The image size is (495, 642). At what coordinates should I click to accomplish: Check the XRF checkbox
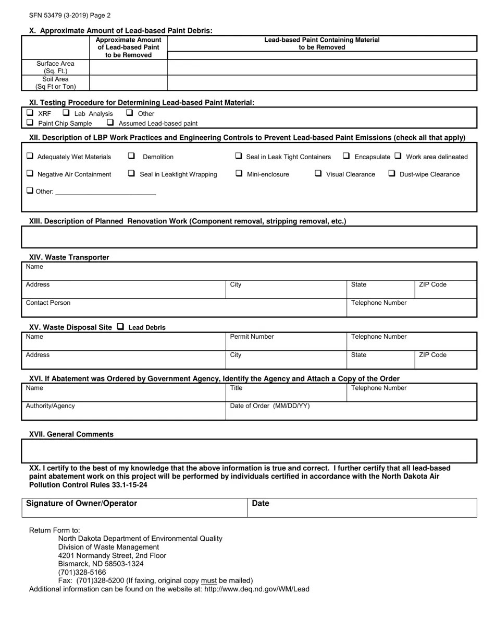pyautogui.click(x=30, y=113)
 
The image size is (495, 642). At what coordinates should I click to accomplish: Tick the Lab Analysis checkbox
pyautogui.click(x=66, y=113)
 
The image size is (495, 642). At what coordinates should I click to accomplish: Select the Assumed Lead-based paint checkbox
pyautogui.click(x=110, y=123)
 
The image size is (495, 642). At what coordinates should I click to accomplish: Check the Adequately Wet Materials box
pyautogui.click(x=30, y=156)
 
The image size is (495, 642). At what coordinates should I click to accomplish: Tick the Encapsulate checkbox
pyautogui.click(x=346, y=156)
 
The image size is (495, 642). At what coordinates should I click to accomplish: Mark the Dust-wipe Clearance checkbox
pyautogui.click(x=392, y=174)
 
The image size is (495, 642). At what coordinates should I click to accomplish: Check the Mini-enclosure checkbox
pyautogui.click(x=239, y=174)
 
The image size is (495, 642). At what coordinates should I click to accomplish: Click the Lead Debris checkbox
pyautogui.click(x=120, y=327)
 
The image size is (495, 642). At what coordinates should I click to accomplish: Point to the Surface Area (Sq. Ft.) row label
pyautogui.click(x=55, y=67)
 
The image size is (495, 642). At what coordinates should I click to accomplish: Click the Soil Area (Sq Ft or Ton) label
pyautogui.click(x=55, y=83)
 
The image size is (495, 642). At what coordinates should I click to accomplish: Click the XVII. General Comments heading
pyautogui.click(x=71, y=434)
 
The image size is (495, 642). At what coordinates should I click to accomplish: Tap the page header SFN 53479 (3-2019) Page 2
pyautogui.click(x=70, y=16)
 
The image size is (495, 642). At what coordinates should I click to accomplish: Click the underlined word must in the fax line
pyautogui.click(x=209, y=580)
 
